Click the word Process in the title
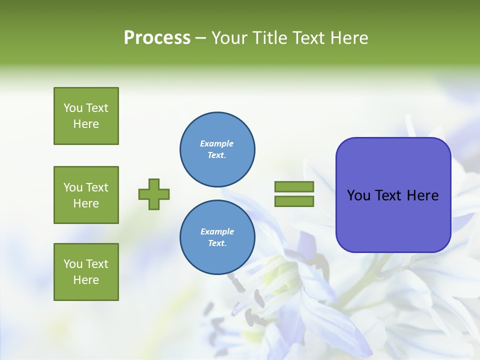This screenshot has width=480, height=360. pyautogui.click(x=157, y=37)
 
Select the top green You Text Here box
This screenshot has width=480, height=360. pyautogui.click(x=86, y=116)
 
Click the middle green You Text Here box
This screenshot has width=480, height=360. pyautogui.click(x=86, y=195)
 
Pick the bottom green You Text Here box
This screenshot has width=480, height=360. pyautogui.click(x=86, y=272)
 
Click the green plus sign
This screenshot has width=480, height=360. pyautogui.click(x=154, y=194)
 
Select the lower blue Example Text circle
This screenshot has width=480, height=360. pyautogui.click(x=217, y=237)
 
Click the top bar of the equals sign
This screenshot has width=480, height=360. pyautogui.click(x=294, y=186)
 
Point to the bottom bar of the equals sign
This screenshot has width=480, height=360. pyautogui.click(x=294, y=201)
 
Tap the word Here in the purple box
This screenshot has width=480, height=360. pyautogui.click(x=422, y=195)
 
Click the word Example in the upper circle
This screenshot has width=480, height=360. pyautogui.click(x=217, y=143)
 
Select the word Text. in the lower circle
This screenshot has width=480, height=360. pyautogui.click(x=217, y=243)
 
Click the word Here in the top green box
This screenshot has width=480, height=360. pyautogui.click(x=86, y=124)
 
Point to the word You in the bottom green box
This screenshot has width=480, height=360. pyautogui.click(x=73, y=264)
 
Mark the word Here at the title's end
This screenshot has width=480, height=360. pyautogui.click(x=350, y=37)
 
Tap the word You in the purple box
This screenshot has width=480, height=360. pyautogui.click(x=359, y=195)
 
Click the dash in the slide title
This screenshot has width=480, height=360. pyautogui.click(x=200, y=38)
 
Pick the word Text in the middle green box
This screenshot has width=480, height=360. pyautogui.click(x=97, y=187)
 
